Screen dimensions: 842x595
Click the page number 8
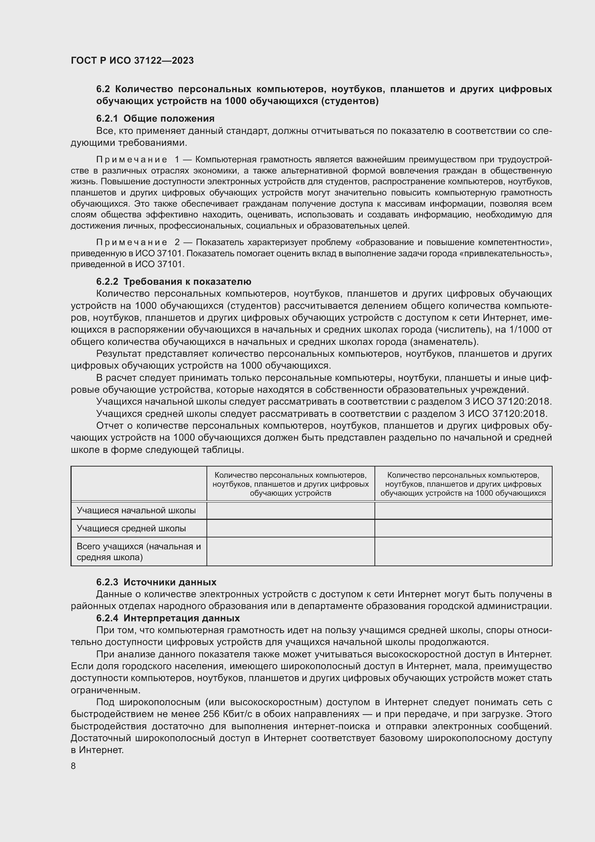pyautogui.click(x=73, y=766)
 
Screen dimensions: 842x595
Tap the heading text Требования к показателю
pyautogui.click(x=187, y=282)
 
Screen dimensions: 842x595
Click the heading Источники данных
pyautogui.click(x=170, y=582)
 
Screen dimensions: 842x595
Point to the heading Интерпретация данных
pyautogui.click(x=181, y=618)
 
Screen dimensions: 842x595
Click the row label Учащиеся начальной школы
pyautogui.click(x=136, y=510)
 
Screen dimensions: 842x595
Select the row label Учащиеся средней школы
pyautogui.click(x=131, y=528)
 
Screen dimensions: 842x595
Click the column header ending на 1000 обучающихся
pyautogui.click(x=463, y=484)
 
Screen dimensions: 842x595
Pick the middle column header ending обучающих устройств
pyautogui.click(x=291, y=484)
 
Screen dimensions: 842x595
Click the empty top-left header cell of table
pyautogui.click(x=139, y=483)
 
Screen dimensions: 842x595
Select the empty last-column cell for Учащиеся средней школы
pyautogui.click(x=463, y=528)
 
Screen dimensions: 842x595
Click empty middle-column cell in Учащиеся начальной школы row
pyautogui.click(x=291, y=510)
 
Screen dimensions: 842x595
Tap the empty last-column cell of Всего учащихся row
pyautogui.click(x=463, y=551)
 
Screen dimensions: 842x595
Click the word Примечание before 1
pyautogui.click(x=132, y=159)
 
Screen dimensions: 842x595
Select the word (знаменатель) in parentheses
pyautogui.click(x=444, y=342)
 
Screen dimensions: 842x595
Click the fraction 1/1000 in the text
pyautogui.click(x=524, y=330)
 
